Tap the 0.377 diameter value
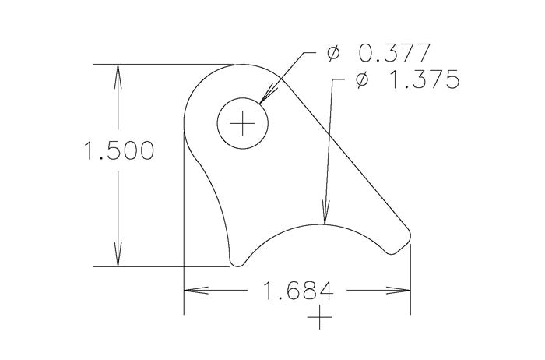click(394, 55)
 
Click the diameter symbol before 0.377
click(333, 55)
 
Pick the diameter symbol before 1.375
click(360, 82)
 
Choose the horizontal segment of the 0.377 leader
click(312, 54)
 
